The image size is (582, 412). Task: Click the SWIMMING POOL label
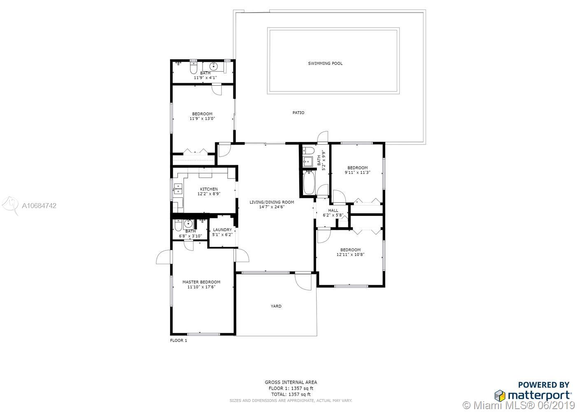tap(325, 63)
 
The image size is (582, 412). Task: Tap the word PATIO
tap(298, 112)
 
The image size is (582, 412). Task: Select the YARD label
tap(276, 306)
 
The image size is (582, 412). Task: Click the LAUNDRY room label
tap(222, 229)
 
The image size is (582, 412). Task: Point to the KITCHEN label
tap(209, 189)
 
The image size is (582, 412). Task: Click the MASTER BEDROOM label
tap(201, 282)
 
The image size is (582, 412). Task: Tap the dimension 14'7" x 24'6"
tap(272, 207)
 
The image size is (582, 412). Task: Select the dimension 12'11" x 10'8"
tap(351, 255)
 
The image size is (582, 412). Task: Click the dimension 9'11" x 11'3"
tap(358, 173)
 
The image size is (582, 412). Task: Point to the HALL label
tap(333, 211)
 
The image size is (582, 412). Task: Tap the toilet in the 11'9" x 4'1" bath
tap(193, 67)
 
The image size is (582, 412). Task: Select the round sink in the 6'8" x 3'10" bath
tap(188, 223)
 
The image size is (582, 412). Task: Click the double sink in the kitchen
tap(178, 188)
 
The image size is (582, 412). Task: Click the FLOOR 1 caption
tap(179, 340)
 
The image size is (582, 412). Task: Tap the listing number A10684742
tap(39, 206)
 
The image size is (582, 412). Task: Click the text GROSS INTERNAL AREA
tap(291, 382)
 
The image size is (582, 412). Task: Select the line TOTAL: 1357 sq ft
tap(291, 394)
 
